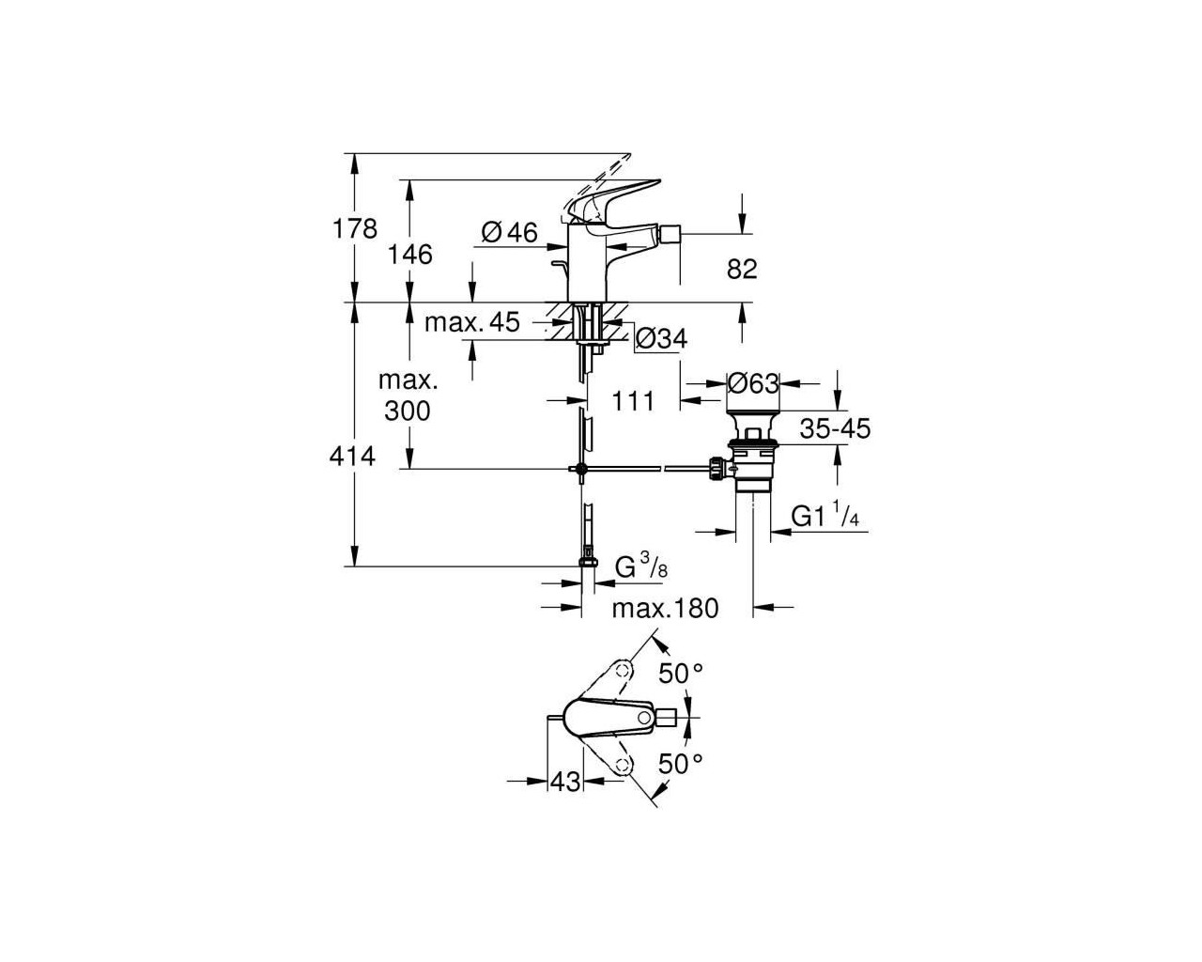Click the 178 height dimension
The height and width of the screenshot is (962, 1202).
355,229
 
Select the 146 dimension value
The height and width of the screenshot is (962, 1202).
410,255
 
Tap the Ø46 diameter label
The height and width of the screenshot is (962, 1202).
509,232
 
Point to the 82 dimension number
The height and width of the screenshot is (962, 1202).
742,270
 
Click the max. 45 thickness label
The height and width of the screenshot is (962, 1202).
472,322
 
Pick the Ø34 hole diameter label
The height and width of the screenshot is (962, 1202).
662,338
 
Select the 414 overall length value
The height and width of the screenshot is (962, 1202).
352,457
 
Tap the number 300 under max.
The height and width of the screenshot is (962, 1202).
408,411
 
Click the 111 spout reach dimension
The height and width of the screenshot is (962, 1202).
633,401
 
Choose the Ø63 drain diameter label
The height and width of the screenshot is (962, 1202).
753,383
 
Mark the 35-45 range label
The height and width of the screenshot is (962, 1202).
835,428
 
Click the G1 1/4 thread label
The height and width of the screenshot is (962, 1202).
825,515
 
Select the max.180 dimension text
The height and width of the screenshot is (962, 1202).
665,609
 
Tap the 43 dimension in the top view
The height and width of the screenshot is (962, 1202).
566,782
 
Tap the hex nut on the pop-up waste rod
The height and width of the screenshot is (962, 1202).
716,469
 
